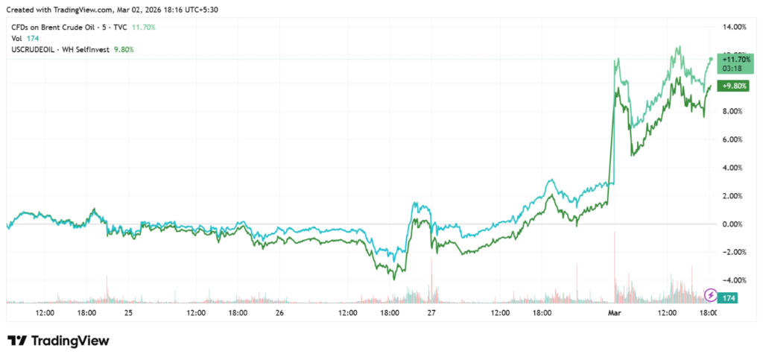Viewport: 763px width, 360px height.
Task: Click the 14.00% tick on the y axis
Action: pyautogui.click(x=735, y=27)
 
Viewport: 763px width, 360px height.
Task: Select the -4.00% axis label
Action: pyautogui.click(x=735, y=280)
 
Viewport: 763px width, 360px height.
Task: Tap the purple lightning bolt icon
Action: pyautogui.click(x=712, y=296)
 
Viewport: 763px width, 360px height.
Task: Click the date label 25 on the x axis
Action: pyautogui.click(x=128, y=313)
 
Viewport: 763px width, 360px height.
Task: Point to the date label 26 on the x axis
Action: pyautogui.click(x=279, y=313)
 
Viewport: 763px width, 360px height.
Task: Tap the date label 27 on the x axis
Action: pyautogui.click(x=431, y=313)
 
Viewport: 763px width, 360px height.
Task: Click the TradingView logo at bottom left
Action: pyautogui.click(x=59, y=341)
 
